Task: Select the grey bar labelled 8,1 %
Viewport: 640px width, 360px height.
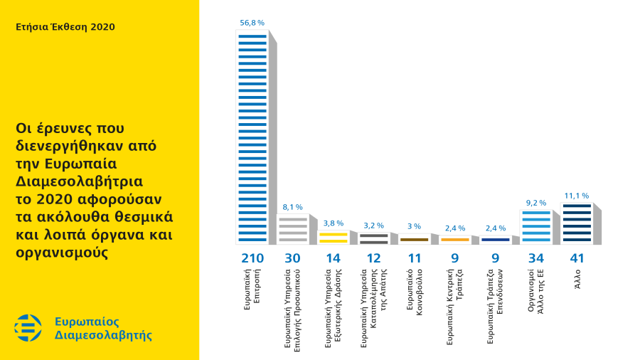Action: click(293, 229)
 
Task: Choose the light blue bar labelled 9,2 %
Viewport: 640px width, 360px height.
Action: click(536, 227)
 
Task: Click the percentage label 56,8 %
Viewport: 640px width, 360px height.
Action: click(252, 23)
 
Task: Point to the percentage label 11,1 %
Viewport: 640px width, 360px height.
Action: click(577, 195)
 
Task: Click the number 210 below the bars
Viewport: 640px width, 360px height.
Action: click(252, 257)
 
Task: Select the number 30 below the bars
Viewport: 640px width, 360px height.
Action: click(293, 257)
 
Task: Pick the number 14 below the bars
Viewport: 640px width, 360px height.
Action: click(333, 257)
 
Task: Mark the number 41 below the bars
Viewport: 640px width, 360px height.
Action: click(577, 257)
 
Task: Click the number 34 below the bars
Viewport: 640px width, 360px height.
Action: click(536, 257)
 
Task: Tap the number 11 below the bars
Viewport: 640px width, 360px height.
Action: click(414, 257)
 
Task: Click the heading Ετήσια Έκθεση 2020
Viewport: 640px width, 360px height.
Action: click(65, 27)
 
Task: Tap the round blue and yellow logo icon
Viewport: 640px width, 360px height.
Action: click(28, 328)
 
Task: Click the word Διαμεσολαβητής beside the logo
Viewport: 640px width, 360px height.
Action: click(103, 335)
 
